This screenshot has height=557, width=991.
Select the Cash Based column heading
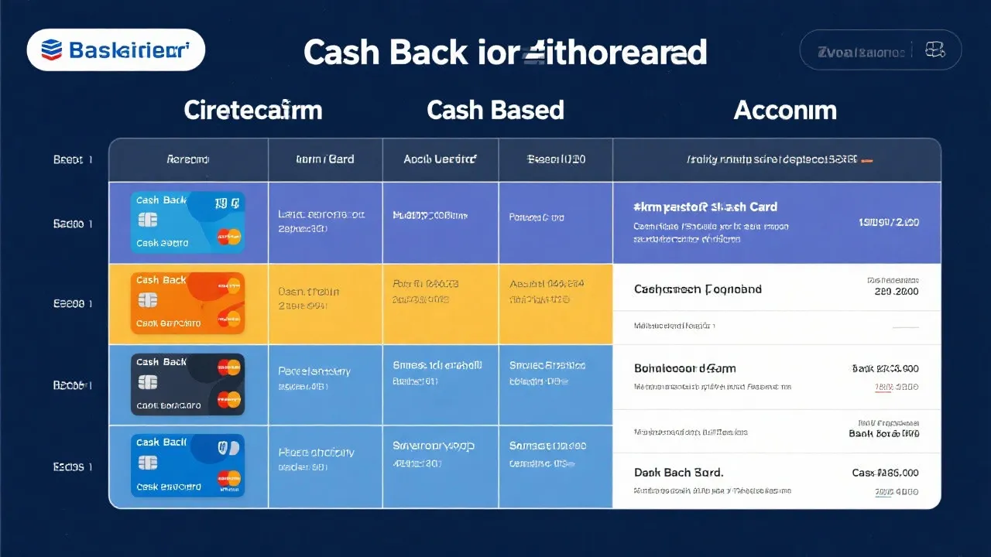click(x=495, y=110)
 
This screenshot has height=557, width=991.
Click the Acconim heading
click(x=784, y=110)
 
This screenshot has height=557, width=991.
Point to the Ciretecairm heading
click(x=252, y=110)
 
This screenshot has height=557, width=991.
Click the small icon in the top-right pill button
click(x=934, y=51)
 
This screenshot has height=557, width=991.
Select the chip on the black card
click(x=147, y=383)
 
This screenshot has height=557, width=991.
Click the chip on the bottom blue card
click(x=147, y=463)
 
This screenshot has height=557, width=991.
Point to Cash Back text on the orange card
click(x=161, y=280)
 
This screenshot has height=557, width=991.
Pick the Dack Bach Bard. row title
click(x=678, y=472)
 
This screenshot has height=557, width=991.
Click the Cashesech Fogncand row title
click(x=698, y=289)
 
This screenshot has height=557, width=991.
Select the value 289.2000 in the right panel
click(x=896, y=292)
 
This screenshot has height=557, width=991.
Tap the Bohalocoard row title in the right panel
click(x=684, y=368)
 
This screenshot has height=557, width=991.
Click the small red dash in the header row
click(x=867, y=161)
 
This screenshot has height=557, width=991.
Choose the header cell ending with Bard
click(x=325, y=159)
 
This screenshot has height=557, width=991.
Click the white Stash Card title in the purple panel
click(x=705, y=207)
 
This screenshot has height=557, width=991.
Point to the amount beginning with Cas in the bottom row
click(x=885, y=473)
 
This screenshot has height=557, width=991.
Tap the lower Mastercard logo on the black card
click(x=229, y=400)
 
